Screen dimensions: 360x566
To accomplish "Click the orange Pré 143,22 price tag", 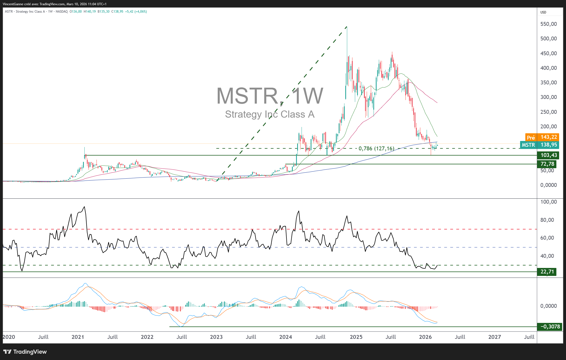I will click(542, 137).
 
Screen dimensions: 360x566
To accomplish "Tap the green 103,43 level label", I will click(549, 155).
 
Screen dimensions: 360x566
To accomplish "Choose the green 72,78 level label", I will click(547, 164).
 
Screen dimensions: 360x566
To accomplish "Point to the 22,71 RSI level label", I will click(547, 272).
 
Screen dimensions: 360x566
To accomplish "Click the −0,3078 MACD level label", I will click(550, 327).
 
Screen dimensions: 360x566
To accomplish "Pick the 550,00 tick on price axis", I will click(548, 24).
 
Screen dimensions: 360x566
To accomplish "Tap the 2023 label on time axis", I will click(216, 337).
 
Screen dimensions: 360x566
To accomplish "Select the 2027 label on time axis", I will click(495, 337).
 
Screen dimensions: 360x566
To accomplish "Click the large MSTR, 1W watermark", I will click(270, 96).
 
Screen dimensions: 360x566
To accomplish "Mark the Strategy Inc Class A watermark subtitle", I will click(270, 114).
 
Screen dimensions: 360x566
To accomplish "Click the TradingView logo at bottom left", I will click(25, 352).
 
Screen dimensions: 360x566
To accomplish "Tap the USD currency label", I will click(543, 12).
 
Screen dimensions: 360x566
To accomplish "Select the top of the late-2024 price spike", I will click(347, 27).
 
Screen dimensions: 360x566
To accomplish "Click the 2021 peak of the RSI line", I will click(84, 207).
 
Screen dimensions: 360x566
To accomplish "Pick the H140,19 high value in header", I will click(90, 12).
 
